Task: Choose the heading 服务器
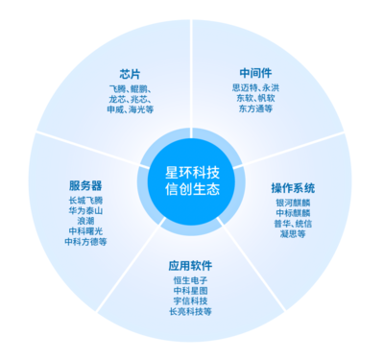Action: pyautogui.click(x=85, y=184)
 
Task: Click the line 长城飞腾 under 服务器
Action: pyautogui.click(x=85, y=200)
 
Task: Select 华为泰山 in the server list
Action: pyautogui.click(x=85, y=210)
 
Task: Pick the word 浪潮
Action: pyautogui.click(x=85, y=221)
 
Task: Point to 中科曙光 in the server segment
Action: pyautogui.click(x=85, y=231)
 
